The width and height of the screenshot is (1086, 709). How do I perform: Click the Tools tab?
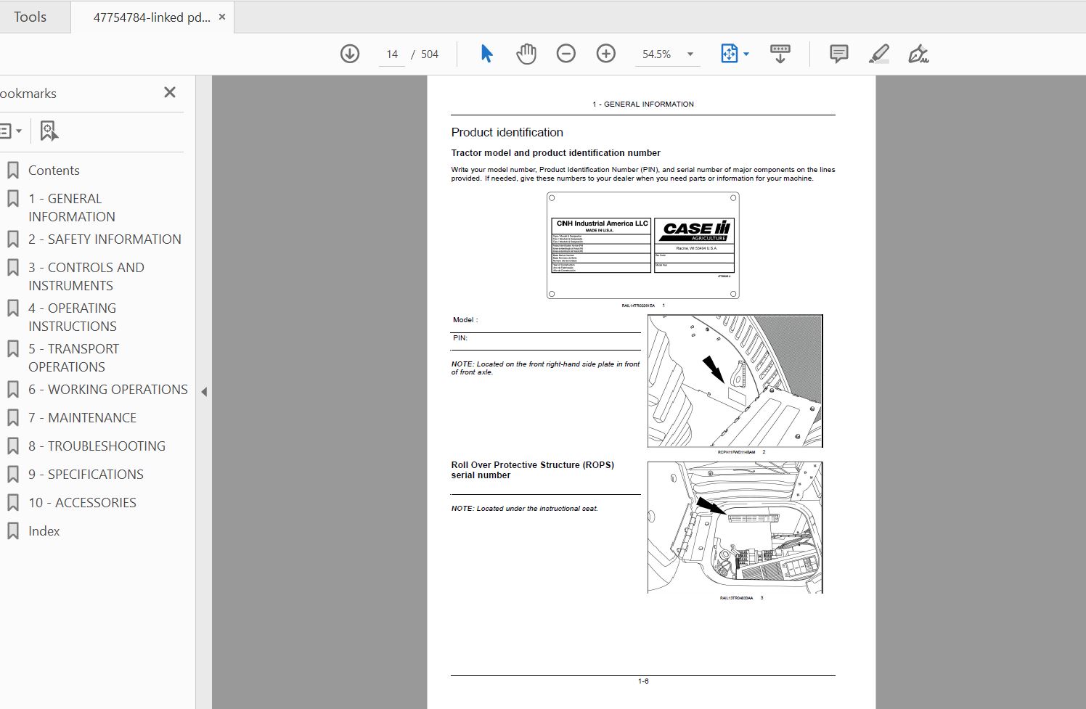click(30, 17)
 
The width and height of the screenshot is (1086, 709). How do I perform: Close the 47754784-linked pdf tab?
click(222, 17)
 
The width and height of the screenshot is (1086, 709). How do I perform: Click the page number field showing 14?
click(392, 54)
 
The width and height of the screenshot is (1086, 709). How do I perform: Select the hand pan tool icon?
click(526, 54)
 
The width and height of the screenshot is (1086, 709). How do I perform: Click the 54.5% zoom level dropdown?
click(668, 54)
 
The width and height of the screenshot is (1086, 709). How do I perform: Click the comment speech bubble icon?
click(838, 54)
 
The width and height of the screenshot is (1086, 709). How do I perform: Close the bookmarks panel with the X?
click(170, 92)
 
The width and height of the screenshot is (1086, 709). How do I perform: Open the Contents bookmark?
click(54, 171)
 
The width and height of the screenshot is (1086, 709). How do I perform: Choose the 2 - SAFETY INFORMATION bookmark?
click(105, 239)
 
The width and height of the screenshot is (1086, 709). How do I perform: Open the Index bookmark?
click(44, 531)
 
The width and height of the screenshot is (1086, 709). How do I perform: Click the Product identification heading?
click(507, 132)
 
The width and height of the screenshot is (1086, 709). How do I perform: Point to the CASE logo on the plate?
click(695, 230)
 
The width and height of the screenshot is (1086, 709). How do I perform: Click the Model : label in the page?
click(465, 320)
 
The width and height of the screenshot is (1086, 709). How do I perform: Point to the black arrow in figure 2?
click(713, 369)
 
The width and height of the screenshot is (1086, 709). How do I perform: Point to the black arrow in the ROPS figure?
click(710, 505)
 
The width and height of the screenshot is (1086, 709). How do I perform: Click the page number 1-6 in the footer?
click(643, 681)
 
